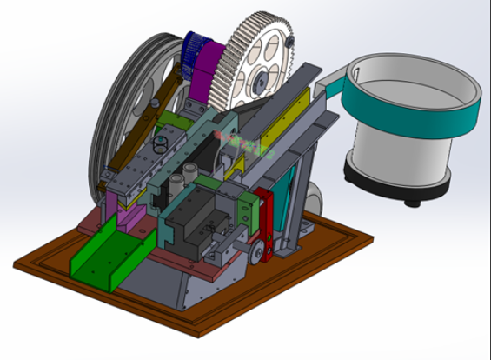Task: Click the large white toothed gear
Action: tap(256, 61)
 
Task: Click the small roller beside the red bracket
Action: tap(258, 253)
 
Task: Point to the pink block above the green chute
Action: tap(130, 214)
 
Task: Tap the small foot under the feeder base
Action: tap(414, 203)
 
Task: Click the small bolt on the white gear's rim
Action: tap(290, 40)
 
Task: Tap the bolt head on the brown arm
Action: tap(156, 104)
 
